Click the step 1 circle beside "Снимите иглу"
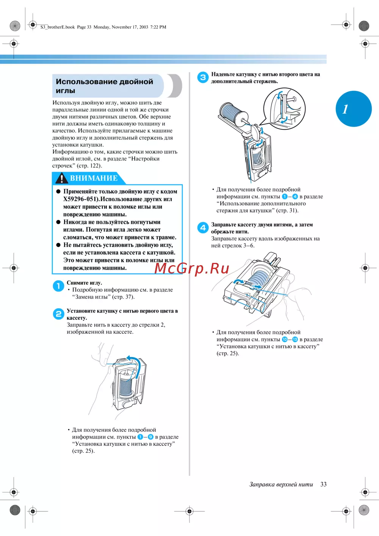(x=58, y=286)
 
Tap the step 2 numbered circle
(x=58, y=314)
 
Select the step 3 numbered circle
(x=203, y=77)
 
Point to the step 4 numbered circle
(x=203, y=228)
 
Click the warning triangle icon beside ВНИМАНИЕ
(x=61, y=178)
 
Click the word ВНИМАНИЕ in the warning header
(x=94, y=178)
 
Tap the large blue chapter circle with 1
(x=354, y=109)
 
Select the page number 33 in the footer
(x=323, y=484)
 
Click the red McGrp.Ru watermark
(x=192, y=268)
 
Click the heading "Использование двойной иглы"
(x=104, y=86)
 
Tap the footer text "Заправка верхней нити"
(x=281, y=484)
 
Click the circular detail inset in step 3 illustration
(x=284, y=106)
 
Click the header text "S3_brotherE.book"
(x=58, y=27)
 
